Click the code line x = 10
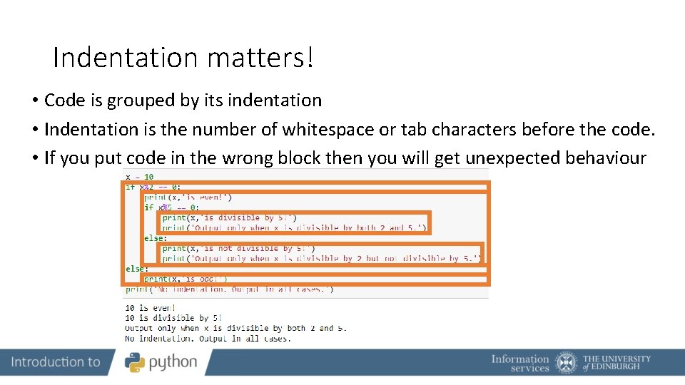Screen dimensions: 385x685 click(x=140, y=177)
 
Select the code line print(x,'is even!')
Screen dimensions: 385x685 click(x=188, y=197)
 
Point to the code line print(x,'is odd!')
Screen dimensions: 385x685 click(x=186, y=279)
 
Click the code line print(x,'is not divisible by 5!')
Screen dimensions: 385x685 click(x=238, y=249)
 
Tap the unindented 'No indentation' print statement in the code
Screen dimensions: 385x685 click(x=229, y=289)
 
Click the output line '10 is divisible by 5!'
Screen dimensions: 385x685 click(x=173, y=318)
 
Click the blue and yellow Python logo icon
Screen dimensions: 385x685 click(x=135, y=362)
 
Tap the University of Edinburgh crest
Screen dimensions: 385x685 click(x=567, y=363)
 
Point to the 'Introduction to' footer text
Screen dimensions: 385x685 click(x=56, y=362)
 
